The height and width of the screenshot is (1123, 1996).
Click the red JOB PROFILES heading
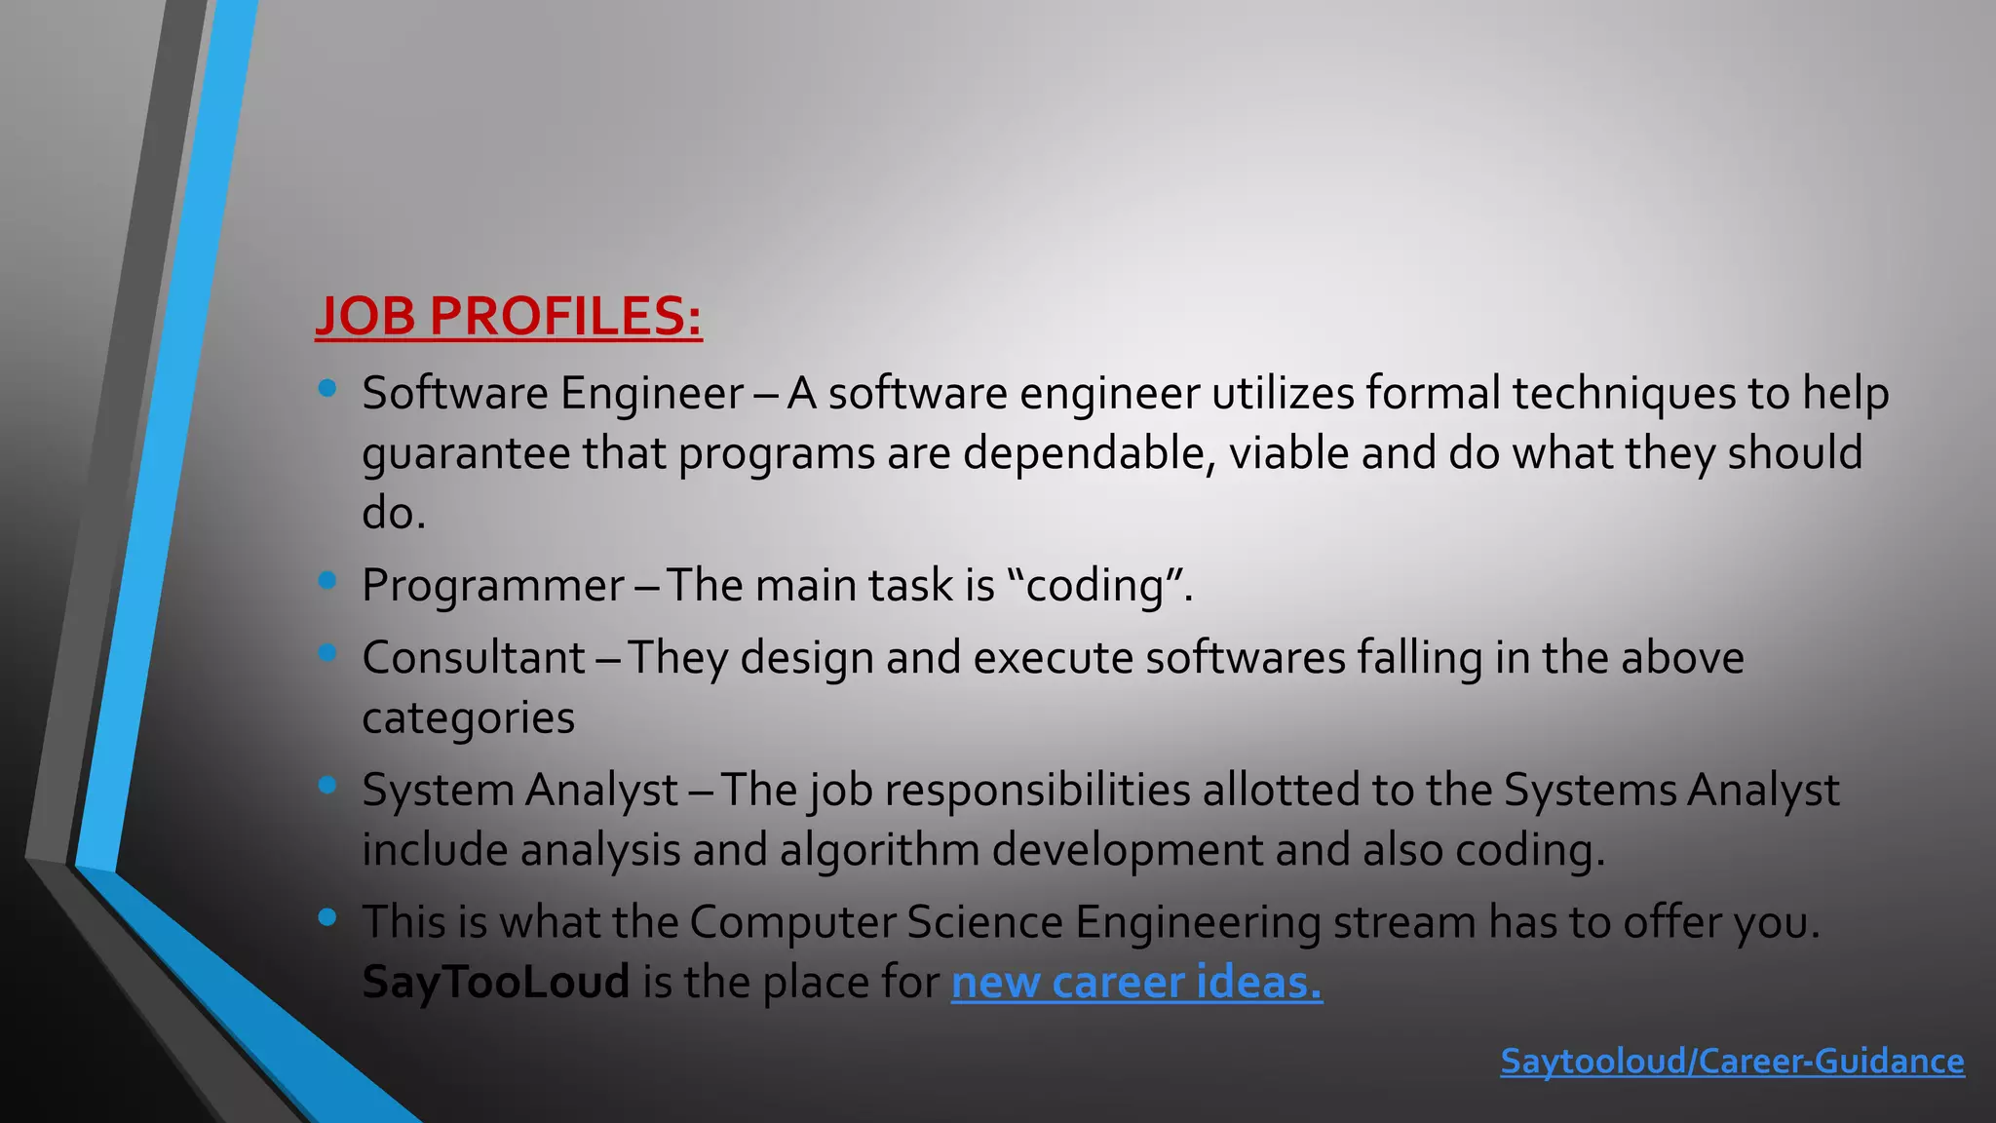click(x=508, y=316)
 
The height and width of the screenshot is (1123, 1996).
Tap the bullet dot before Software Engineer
click(x=327, y=389)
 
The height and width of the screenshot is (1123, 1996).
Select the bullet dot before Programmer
click(x=327, y=581)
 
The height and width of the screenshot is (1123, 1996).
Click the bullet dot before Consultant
click(x=327, y=653)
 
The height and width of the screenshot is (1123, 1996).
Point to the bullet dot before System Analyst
click(x=327, y=785)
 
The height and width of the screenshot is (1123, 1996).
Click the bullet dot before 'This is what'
click(x=327, y=916)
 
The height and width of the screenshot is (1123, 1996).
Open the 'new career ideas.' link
click(x=1136, y=982)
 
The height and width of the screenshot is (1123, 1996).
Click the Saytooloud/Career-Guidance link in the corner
click(x=1732, y=1061)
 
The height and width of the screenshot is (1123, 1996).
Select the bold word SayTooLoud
click(x=495, y=982)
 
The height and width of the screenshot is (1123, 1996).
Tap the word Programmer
click(x=493, y=586)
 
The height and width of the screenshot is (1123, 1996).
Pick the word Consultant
click(x=474, y=658)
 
